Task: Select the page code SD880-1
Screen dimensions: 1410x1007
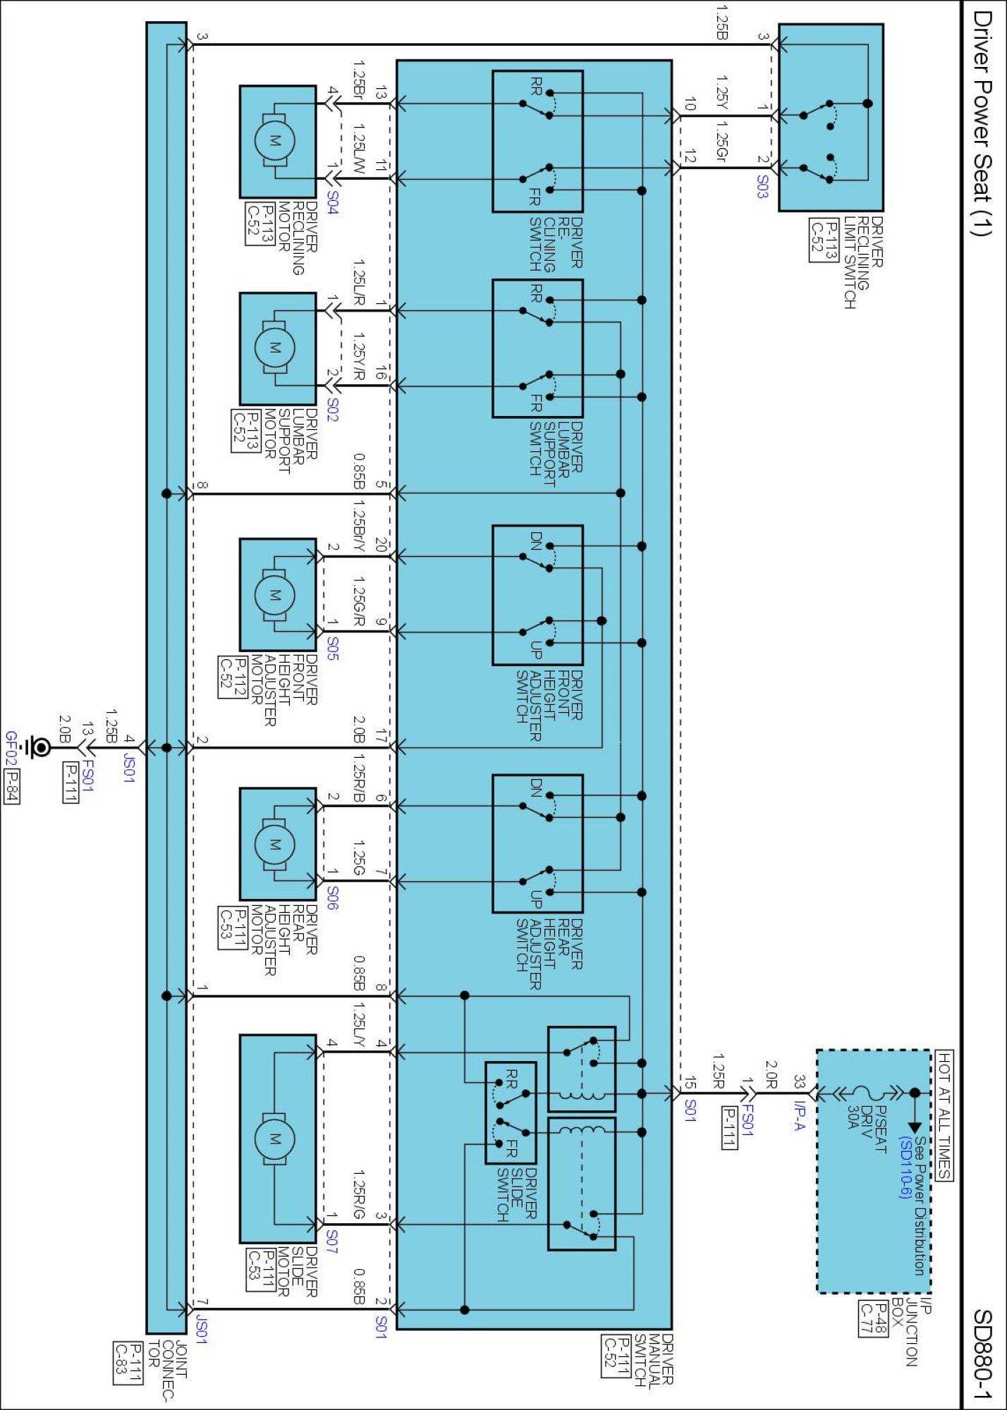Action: pyautogui.click(x=983, y=1354)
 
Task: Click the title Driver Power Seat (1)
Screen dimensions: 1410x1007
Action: pyautogui.click(x=982, y=123)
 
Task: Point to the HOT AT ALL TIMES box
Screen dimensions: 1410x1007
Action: pyautogui.click(x=944, y=1115)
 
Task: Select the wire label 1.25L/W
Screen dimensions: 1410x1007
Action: pyautogui.click(x=359, y=150)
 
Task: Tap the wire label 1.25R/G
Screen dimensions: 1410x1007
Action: pyautogui.click(x=359, y=1196)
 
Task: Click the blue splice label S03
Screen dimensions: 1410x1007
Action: pyautogui.click(x=762, y=186)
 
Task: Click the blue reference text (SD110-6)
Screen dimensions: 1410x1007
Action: pyautogui.click(x=905, y=1167)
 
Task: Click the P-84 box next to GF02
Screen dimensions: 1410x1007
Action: pyautogui.click(x=11, y=787)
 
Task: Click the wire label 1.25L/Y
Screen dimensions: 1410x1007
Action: pyautogui.click(x=359, y=1026)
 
